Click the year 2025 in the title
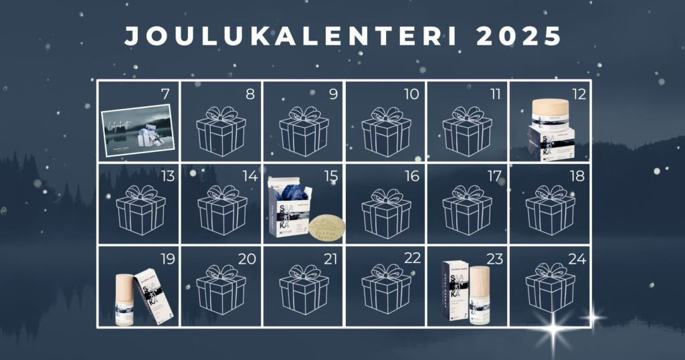pos(520,37)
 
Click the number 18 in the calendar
pos(576,176)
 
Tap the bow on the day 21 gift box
pos(304,272)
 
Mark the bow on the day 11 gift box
pos(467,113)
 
